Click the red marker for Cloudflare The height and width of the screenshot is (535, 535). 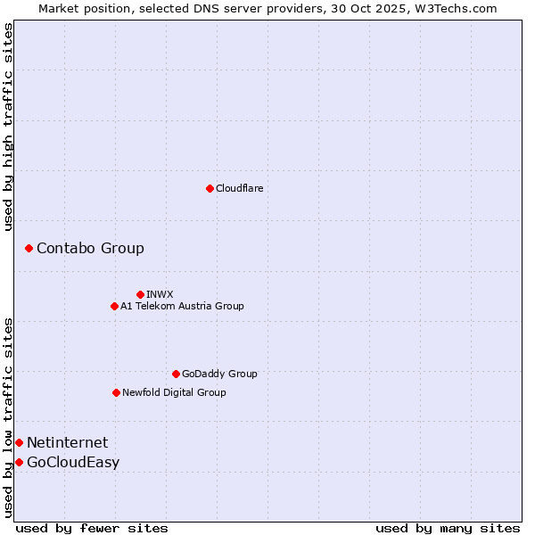(210, 188)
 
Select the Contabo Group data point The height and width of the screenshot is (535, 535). (29, 248)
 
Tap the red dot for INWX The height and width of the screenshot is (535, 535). (140, 294)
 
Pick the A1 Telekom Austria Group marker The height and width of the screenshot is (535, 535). (114, 306)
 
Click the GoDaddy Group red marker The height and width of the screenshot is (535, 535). (176, 374)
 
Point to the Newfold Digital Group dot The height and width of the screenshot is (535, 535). (116, 392)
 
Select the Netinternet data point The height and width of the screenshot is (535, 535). (19, 442)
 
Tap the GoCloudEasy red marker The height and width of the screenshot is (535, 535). (19, 462)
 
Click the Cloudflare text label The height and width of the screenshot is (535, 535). (240, 188)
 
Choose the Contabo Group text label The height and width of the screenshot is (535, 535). (90, 248)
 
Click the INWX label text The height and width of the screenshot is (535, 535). (160, 294)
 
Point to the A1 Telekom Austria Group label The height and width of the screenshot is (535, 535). (182, 306)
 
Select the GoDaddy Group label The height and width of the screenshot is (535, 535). (219, 374)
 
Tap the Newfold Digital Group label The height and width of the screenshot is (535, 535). (174, 392)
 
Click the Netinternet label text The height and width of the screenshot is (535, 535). (67, 442)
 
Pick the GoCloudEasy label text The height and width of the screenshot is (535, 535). (73, 462)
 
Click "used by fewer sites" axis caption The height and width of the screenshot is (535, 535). (92, 528)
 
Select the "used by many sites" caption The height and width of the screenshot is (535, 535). (448, 528)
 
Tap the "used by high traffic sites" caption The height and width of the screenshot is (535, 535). (9, 127)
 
